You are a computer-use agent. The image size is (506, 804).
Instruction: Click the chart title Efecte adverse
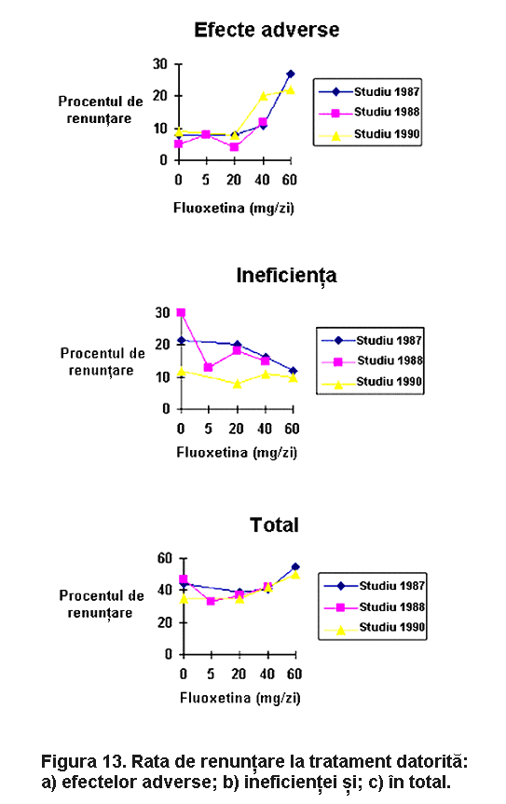coord(267,30)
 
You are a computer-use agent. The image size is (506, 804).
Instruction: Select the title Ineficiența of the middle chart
coord(287,276)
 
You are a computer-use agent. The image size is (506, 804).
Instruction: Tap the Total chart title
coord(274,525)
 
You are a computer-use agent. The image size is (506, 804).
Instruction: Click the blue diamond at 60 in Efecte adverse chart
coord(290,74)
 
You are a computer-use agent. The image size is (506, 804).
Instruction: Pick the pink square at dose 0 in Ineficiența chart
coord(181,312)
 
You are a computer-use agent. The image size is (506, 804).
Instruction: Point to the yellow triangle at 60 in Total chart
coord(295,575)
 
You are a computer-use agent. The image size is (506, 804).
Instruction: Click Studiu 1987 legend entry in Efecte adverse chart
coord(370,92)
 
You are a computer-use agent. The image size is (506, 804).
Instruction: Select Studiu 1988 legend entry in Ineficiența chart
coord(372,361)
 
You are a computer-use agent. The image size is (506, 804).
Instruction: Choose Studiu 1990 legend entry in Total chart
coord(375,628)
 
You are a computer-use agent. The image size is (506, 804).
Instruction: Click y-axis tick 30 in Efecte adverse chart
coord(160,64)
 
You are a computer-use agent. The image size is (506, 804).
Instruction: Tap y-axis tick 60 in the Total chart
coord(165,558)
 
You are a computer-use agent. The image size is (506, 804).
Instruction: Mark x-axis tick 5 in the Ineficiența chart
coord(208,429)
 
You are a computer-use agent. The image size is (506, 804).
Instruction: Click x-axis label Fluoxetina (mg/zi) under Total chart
coord(239,698)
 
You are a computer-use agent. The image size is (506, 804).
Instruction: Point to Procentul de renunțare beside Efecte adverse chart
coord(100,110)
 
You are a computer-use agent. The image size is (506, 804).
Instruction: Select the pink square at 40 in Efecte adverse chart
coord(263,122)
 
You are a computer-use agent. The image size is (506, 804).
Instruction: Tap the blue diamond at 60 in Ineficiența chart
coord(293,371)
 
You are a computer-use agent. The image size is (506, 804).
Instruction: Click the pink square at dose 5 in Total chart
coord(211,600)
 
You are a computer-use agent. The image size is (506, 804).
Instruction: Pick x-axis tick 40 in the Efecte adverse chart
coord(262,180)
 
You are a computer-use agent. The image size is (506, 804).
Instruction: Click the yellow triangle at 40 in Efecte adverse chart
coord(263,96)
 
